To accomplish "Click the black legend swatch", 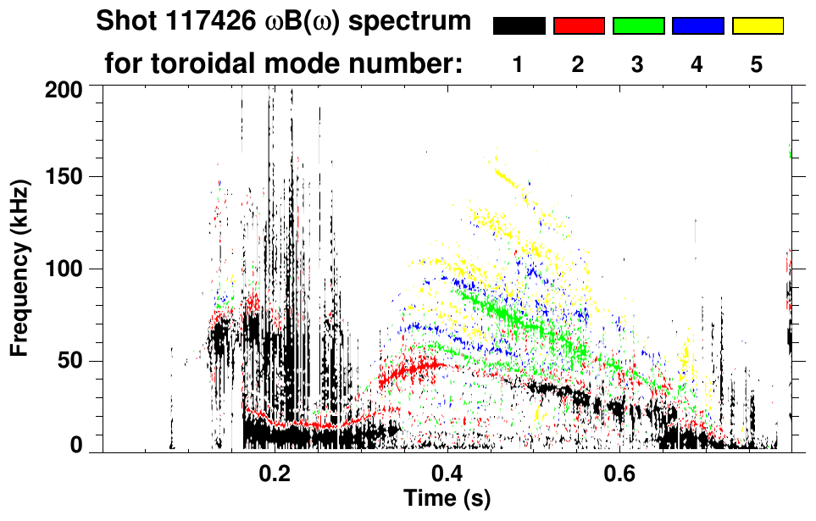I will point(519,26).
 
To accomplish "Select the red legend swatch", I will point(579,26).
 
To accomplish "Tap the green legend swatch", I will point(638,26).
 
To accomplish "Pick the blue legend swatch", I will point(697,26).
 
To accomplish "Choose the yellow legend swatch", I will point(758,26).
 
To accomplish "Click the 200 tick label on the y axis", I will point(64,87).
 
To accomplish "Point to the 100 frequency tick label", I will point(64,269).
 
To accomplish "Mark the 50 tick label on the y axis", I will point(71,361).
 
